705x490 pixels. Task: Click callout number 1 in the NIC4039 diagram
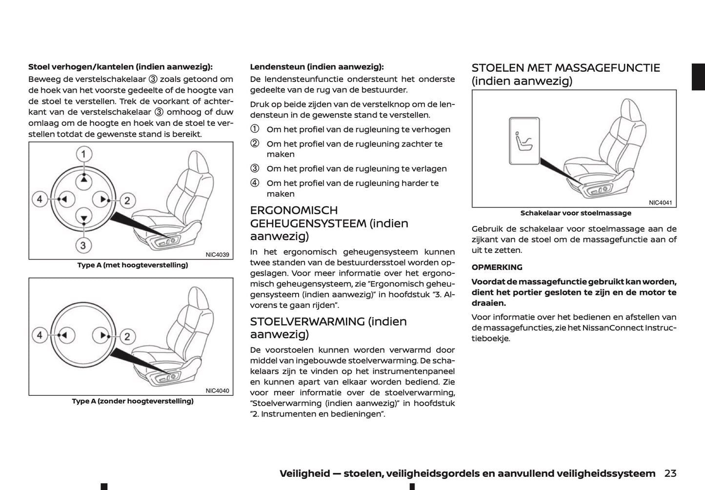(84, 155)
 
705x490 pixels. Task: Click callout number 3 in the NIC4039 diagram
(83, 245)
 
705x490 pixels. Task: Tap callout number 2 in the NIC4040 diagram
(127, 336)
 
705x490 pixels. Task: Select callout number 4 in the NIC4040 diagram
(40, 335)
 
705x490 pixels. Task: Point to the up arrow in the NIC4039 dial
(84, 179)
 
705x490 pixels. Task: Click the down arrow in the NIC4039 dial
(84, 218)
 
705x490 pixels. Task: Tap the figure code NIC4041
(660, 203)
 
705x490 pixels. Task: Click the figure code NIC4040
(217, 390)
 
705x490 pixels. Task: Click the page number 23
(670, 473)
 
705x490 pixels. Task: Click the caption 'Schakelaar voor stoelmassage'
(575, 213)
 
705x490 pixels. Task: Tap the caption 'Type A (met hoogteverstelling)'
(132, 265)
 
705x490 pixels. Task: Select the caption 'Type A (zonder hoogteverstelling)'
(132, 401)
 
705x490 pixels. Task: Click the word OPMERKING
(497, 267)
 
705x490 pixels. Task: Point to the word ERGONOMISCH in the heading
(294, 210)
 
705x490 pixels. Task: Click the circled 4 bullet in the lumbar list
(255, 184)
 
